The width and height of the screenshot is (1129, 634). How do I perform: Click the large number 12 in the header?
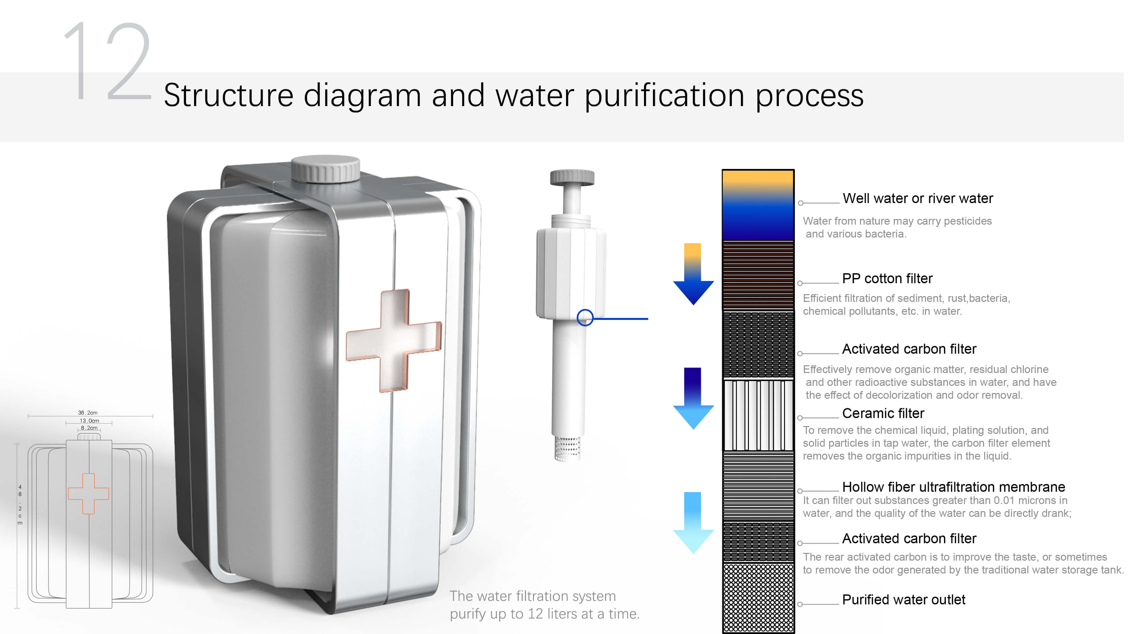coord(107,61)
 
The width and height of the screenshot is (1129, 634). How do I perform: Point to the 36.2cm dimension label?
coord(88,412)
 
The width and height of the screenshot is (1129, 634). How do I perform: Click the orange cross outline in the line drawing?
coord(89,493)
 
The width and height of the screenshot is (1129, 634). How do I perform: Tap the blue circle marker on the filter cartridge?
coord(585,318)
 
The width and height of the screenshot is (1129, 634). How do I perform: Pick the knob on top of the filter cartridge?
coord(572,177)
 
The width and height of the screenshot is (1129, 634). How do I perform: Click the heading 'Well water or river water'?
coord(917,199)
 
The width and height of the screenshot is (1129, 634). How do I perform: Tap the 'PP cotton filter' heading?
coord(887,279)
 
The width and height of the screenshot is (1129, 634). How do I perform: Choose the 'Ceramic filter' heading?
coord(883,413)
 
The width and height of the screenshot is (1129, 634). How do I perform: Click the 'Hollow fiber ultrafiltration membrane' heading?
coord(953,487)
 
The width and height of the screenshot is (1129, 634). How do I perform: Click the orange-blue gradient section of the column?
coord(758,205)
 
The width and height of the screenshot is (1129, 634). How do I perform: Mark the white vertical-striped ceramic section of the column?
coord(758,415)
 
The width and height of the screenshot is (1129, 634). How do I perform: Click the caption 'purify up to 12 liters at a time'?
coord(544,614)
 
